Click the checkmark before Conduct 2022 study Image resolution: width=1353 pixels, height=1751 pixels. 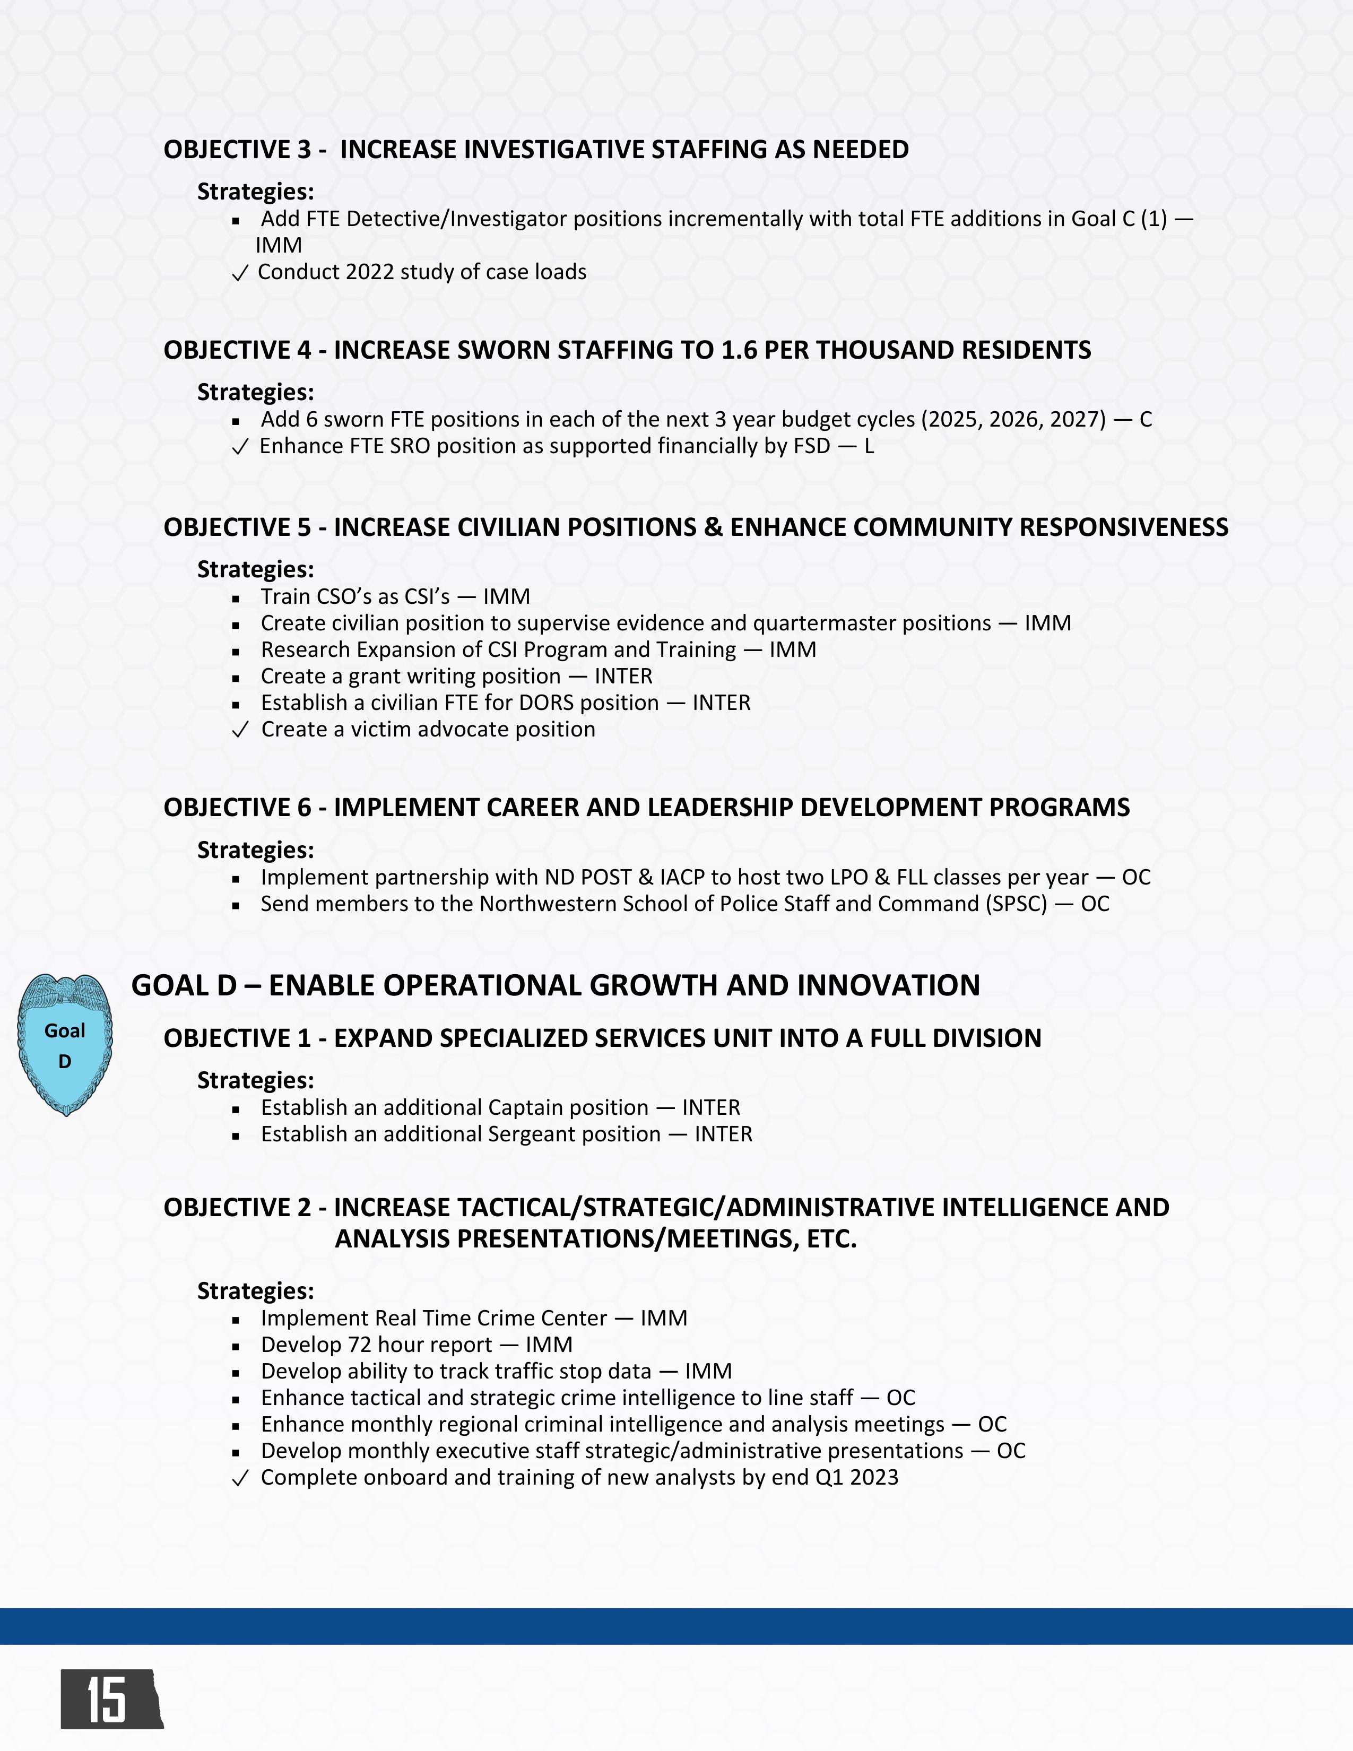pyautogui.click(x=240, y=273)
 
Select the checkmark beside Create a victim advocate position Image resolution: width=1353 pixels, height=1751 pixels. pyautogui.click(x=240, y=731)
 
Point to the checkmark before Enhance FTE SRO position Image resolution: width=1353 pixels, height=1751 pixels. pyautogui.click(x=240, y=447)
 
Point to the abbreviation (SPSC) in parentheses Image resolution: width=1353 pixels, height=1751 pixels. pyautogui.click(x=1017, y=904)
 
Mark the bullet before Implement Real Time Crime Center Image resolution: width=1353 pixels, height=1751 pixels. pyautogui.click(x=236, y=1320)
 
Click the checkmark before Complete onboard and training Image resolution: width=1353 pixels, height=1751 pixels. pyautogui.click(x=240, y=1478)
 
